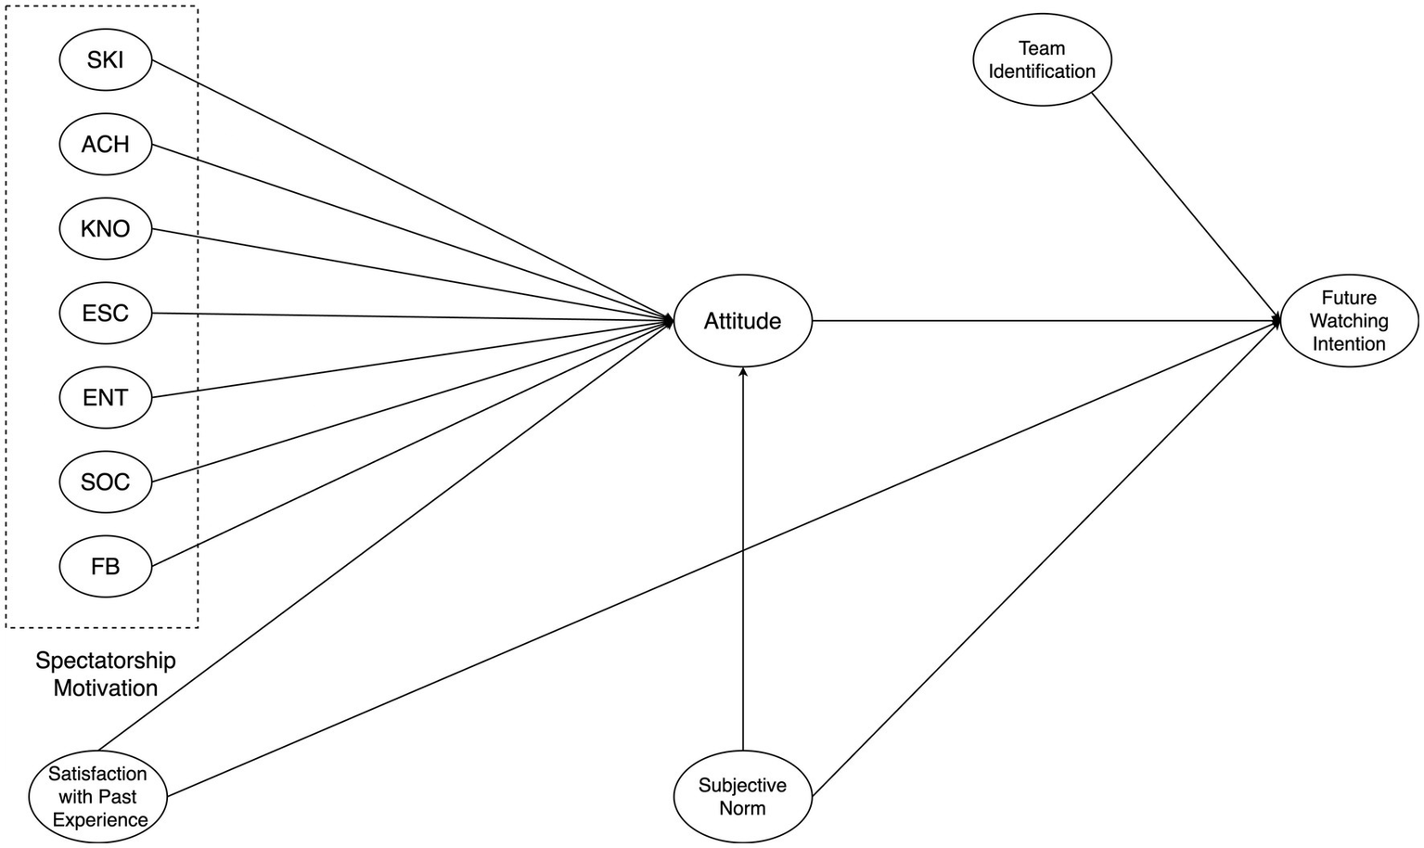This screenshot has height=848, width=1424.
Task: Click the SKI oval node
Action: coord(105,60)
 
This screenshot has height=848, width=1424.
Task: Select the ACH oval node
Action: coord(105,145)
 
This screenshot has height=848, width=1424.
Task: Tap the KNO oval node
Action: coord(105,229)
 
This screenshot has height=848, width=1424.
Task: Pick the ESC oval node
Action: coord(105,314)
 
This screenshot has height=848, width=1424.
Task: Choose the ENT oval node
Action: coord(105,398)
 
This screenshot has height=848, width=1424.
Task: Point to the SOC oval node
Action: coord(105,482)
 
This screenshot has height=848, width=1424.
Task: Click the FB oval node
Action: coord(105,566)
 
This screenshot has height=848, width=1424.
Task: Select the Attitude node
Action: coord(742,321)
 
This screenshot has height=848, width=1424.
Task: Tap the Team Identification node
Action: coord(1042,59)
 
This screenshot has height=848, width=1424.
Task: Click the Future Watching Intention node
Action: coord(1349,321)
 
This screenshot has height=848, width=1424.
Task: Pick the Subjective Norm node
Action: coord(742,796)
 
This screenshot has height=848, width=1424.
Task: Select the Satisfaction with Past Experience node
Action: coord(99,796)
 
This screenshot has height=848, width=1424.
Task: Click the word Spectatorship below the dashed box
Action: coord(105,661)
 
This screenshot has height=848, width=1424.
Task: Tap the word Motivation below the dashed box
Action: coord(105,688)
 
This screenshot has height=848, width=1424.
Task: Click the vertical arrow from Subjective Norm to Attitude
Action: coord(742,557)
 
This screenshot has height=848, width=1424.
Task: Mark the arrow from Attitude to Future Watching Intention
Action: coord(1039,321)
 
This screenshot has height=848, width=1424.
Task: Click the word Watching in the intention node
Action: coord(1349,321)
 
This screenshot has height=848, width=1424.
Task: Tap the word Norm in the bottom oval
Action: coord(742,808)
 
